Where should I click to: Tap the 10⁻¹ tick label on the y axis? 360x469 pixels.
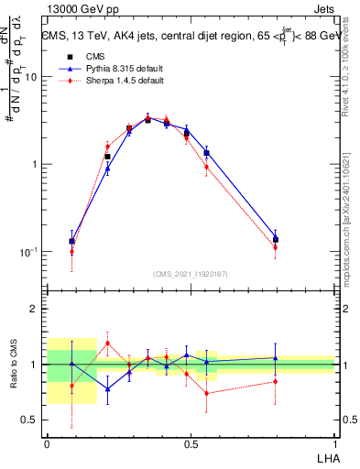pos(29,252)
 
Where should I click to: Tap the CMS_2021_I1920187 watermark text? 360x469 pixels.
pos(191,273)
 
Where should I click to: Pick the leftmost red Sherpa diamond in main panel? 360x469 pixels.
pos(71,252)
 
